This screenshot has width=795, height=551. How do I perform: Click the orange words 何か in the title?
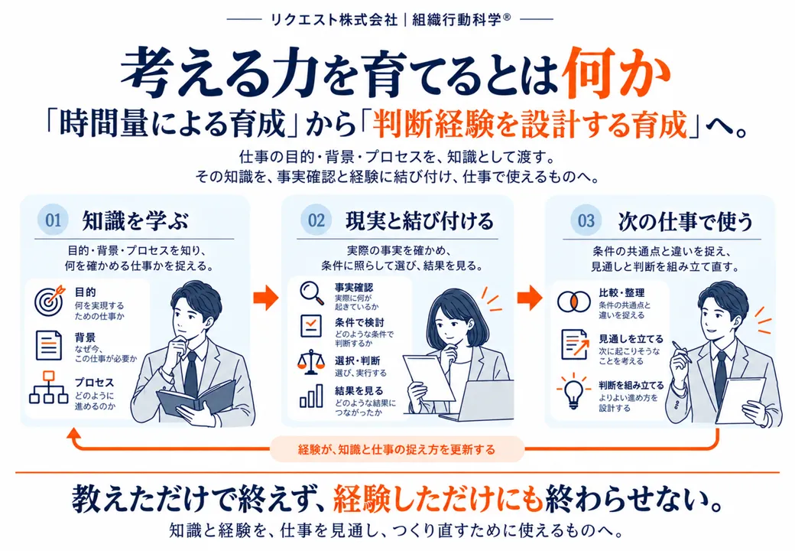[x=617, y=73]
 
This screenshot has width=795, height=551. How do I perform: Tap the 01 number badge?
[x=54, y=220]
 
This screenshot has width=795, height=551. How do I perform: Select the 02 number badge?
[x=316, y=220]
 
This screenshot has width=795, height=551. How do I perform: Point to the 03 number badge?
[x=586, y=220]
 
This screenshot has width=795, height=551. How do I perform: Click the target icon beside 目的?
[x=50, y=300]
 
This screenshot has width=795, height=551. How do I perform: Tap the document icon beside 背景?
[x=49, y=345]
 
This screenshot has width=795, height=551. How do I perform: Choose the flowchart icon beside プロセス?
[x=49, y=387]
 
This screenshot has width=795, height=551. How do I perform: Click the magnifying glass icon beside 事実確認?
[x=312, y=293]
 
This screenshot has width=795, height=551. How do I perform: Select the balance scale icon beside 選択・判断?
[x=311, y=362]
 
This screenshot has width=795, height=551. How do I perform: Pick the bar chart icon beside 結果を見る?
[x=311, y=396]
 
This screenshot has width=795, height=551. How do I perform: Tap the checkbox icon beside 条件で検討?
[x=311, y=326]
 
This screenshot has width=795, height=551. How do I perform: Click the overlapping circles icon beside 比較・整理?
[x=573, y=302]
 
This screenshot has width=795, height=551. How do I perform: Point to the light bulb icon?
[x=573, y=391]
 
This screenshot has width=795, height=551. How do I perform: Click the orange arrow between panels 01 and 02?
[x=266, y=297]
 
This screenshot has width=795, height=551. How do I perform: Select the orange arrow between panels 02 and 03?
[x=529, y=297]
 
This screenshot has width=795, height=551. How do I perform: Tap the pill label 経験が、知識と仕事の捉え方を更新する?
[x=397, y=449]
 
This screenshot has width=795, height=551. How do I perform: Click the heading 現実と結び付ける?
[x=420, y=221]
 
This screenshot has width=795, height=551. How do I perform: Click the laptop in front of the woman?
[x=479, y=401]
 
